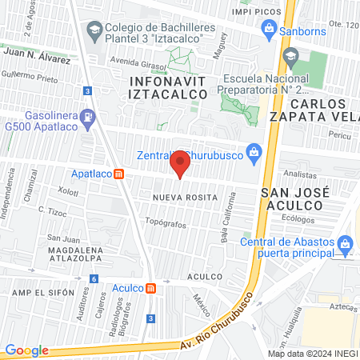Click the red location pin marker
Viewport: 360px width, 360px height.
click(180, 164)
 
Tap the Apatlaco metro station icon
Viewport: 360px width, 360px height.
click(119, 174)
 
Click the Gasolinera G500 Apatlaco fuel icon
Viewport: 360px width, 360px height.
click(89, 116)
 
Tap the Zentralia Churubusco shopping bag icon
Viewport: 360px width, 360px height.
click(254, 150)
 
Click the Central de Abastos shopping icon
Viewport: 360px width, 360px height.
click(346, 242)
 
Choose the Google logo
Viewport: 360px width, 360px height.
click(26, 350)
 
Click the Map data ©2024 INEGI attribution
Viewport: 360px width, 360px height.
click(311, 354)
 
